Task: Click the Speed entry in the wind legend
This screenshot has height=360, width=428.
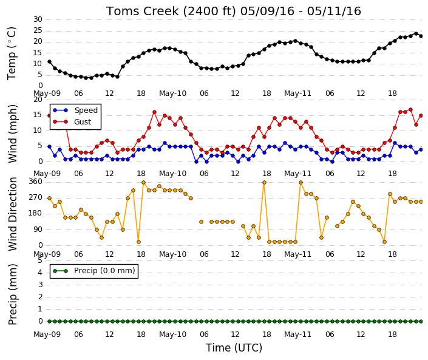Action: [75, 110]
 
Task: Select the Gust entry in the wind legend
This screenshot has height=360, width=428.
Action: [72, 122]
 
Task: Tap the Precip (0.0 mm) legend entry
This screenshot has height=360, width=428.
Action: [94, 271]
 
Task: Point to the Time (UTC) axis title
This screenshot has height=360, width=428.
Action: [234, 348]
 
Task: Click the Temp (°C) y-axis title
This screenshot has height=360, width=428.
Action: [12, 53]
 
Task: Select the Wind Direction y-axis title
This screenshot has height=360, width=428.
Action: [13, 214]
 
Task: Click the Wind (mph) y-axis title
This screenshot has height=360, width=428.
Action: [13, 134]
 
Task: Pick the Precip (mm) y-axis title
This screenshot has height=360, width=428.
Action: [13, 294]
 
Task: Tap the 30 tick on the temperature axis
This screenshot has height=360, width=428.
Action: [38, 19]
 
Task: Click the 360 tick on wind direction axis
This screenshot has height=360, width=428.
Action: [35, 182]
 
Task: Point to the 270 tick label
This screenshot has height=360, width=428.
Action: [35, 197]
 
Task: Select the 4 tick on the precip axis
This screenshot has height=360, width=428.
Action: [40, 273]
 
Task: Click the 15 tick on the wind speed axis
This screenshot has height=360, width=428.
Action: [38, 115]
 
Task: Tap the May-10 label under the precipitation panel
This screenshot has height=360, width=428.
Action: [172, 335]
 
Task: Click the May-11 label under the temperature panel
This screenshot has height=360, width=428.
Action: [297, 93]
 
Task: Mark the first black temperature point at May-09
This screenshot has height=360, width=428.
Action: [49, 62]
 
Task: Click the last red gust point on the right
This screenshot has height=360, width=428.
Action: [421, 116]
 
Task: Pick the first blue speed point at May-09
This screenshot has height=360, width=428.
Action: [49, 146]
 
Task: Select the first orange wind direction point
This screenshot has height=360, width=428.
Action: [49, 198]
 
